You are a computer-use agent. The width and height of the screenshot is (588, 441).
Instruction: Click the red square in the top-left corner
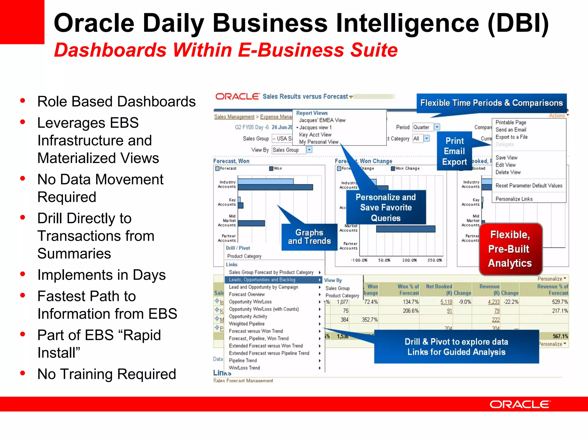[x=22, y=22]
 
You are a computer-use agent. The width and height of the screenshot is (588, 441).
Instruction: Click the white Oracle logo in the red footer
[x=520, y=404]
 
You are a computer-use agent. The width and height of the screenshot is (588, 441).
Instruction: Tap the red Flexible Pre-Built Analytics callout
[x=510, y=249]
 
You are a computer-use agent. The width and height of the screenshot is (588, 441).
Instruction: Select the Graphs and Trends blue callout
[x=309, y=237]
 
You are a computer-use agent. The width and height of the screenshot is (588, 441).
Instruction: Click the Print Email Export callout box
[x=454, y=151]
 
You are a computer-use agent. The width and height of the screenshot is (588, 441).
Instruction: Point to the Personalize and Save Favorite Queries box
[x=386, y=207]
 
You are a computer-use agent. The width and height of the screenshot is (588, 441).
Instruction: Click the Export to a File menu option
[x=511, y=137]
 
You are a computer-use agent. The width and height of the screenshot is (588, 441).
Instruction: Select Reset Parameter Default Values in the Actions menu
[x=529, y=185]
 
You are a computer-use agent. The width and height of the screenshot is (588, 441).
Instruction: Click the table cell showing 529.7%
[x=560, y=302]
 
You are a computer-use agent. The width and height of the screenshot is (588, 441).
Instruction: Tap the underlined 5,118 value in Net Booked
[x=446, y=302]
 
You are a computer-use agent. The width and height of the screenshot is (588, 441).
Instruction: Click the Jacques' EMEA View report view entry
[x=322, y=120]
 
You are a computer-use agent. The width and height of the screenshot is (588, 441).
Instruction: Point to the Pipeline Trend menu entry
[x=243, y=360]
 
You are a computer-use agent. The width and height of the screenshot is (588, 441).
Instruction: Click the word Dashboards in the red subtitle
[x=110, y=50]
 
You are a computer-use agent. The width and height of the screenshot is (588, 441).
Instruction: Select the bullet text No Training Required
[x=107, y=374]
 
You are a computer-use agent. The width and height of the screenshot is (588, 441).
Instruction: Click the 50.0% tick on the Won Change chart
[x=384, y=260]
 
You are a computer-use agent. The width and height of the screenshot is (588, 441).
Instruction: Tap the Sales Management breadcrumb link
[x=234, y=117]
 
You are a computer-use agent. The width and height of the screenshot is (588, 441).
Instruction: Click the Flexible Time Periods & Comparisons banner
[x=491, y=103]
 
